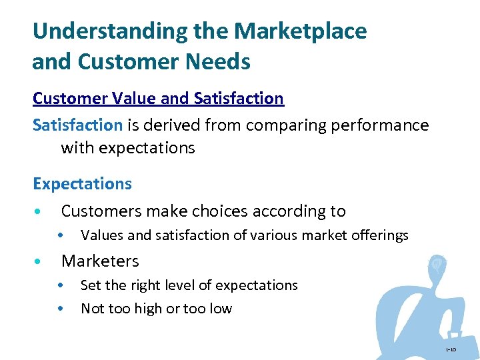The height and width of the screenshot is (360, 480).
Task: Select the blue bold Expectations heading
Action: (x=82, y=183)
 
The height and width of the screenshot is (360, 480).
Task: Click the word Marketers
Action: (x=100, y=261)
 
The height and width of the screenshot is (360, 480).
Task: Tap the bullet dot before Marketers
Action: (x=39, y=261)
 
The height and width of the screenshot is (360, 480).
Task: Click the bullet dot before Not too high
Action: (x=61, y=309)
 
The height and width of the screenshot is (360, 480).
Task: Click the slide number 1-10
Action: (x=451, y=349)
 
